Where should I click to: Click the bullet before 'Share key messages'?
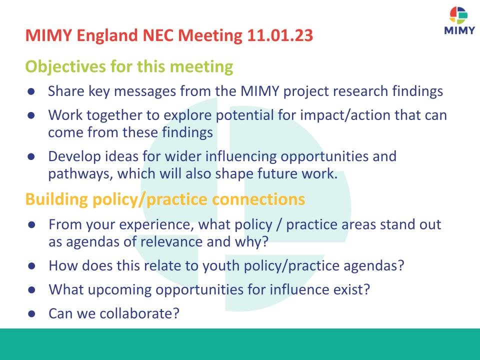pos(31,91)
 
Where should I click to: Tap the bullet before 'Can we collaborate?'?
pos(31,314)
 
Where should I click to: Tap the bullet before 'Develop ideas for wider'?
pos(31,156)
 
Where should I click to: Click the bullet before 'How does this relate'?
pos(31,265)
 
